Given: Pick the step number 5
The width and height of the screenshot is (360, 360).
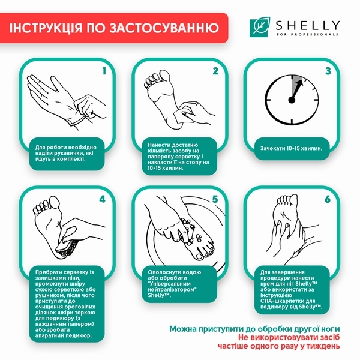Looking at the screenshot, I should click(x=215, y=199).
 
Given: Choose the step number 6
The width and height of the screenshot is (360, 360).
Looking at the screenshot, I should click(x=328, y=199).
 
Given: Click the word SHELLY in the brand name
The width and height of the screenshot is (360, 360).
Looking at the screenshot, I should click(x=308, y=26).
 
